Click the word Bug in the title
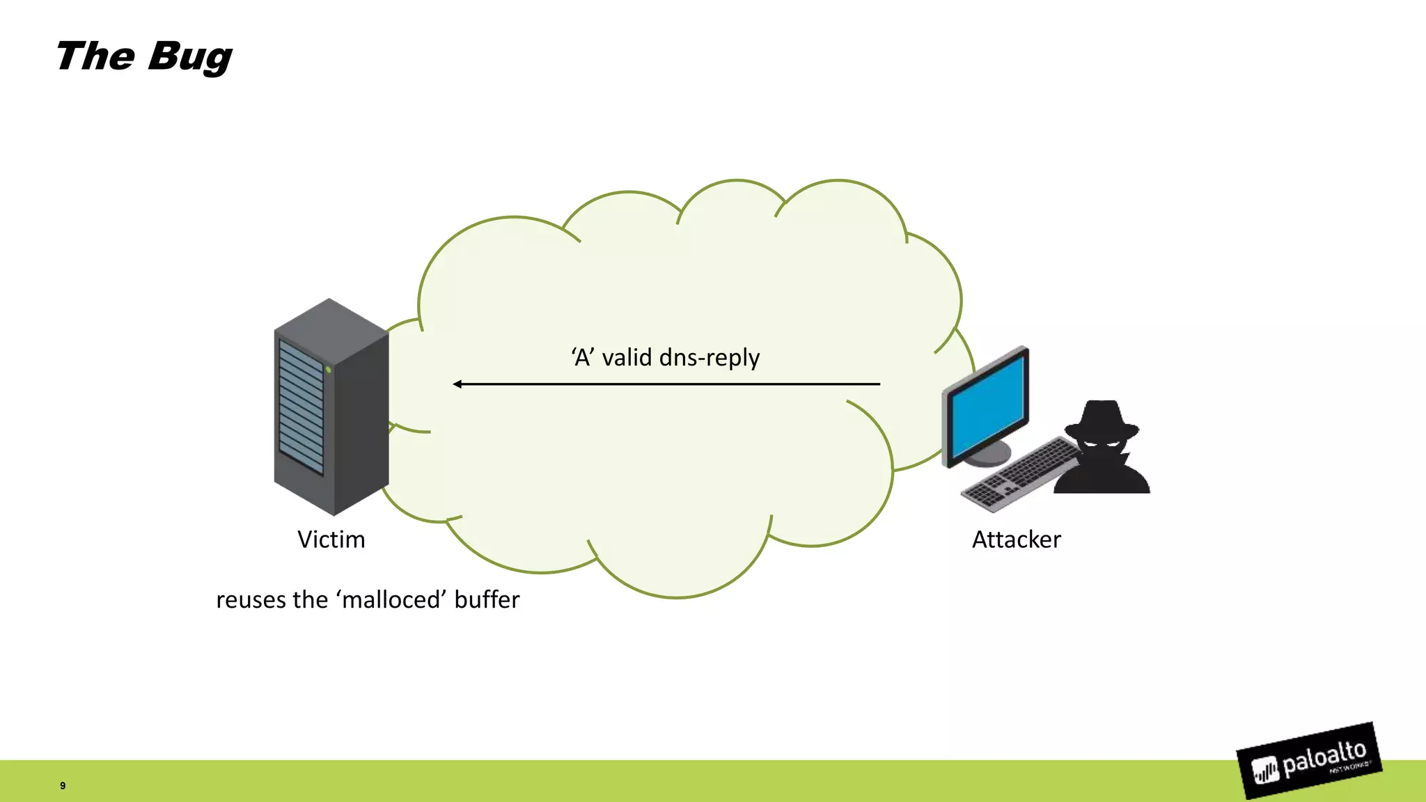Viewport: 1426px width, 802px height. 189,57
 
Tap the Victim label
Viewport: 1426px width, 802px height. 331,540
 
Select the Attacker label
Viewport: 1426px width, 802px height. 1016,540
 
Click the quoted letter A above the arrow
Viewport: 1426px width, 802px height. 583,358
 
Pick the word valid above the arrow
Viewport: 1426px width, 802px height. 627,358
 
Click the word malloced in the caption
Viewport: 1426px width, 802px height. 391,599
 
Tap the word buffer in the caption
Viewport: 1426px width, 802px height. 487,599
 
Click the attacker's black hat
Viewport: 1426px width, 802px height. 1102,418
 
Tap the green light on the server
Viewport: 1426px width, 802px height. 328,370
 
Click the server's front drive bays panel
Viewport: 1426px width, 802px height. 301,407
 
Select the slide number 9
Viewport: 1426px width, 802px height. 63,785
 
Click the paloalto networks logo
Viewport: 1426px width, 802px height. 1309,761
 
